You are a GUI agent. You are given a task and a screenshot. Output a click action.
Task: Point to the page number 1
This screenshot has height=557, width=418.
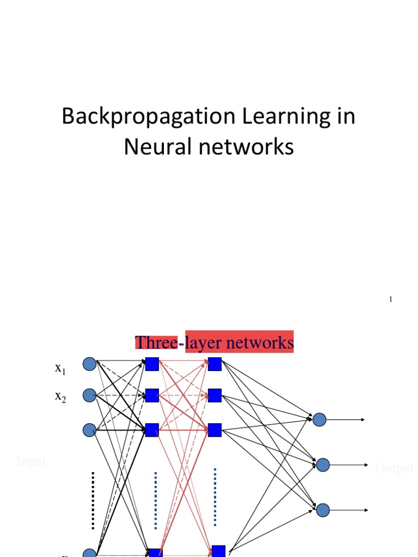391,300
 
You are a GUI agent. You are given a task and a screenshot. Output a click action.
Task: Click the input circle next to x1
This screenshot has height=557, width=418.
89,364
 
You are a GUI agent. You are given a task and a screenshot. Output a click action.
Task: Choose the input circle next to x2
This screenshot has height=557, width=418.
89,394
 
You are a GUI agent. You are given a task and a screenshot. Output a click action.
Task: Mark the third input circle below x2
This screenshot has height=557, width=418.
89,430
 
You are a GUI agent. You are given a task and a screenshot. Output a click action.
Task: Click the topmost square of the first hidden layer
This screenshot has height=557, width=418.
152,364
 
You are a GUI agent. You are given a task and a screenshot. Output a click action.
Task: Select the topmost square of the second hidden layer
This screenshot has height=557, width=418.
215,364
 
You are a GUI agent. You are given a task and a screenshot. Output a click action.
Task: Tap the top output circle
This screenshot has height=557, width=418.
319,419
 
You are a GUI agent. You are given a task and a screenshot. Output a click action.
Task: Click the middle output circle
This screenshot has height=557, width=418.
323,465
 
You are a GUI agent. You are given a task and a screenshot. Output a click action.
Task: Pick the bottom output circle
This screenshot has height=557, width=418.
323,510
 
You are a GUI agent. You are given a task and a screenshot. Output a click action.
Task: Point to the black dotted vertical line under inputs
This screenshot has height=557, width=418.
93,500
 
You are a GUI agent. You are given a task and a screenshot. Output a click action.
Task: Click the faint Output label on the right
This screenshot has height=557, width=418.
394,468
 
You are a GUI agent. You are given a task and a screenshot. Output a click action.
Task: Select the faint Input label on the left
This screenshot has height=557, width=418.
31,462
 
